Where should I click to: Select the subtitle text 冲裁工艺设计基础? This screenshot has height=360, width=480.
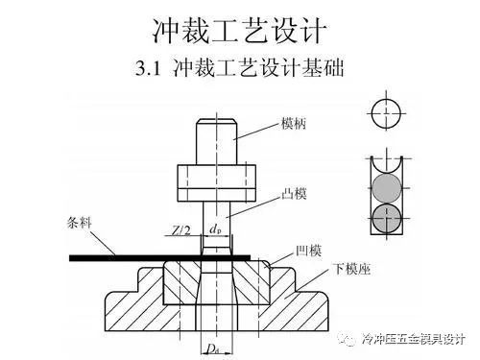[260, 71]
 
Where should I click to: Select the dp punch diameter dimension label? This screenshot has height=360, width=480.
[215, 230]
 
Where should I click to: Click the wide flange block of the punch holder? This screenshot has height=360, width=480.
[217, 179]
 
